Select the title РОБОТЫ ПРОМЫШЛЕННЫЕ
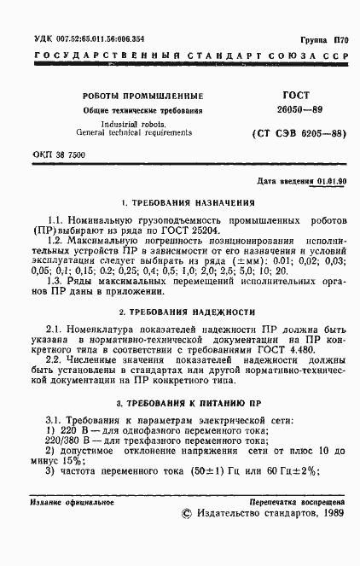142,96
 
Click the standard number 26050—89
287,111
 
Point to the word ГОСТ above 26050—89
285,95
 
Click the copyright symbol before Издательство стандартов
189,540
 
